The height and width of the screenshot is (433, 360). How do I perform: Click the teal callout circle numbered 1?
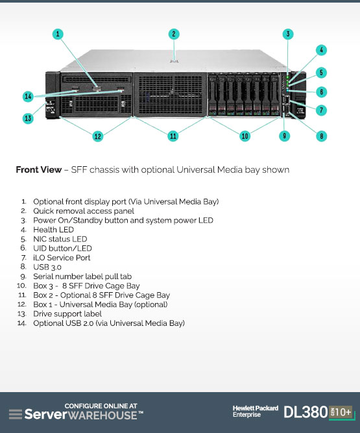(x=58, y=34)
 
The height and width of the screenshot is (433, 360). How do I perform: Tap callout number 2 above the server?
(x=174, y=34)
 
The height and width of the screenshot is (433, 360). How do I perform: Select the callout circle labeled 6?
(x=321, y=92)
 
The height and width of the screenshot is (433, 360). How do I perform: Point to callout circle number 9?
(x=284, y=136)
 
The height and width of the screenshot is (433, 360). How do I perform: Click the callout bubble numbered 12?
(x=98, y=136)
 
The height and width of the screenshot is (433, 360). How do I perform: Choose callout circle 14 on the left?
(x=28, y=96)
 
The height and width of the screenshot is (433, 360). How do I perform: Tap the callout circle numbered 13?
(x=28, y=118)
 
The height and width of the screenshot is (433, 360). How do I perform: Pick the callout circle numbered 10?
(x=245, y=136)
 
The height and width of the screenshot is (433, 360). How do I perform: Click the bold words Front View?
(x=39, y=169)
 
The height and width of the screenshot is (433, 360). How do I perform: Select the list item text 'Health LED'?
(x=54, y=230)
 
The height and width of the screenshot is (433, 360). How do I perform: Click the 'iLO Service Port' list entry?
(x=62, y=258)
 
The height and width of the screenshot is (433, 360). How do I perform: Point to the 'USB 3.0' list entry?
(x=47, y=267)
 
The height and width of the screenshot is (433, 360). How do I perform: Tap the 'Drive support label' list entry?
(x=67, y=314)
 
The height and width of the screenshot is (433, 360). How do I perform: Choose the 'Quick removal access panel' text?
(x=84, y=211)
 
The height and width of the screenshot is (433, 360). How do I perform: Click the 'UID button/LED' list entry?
(x=62, y=248)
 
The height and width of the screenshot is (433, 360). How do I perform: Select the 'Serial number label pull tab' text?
(x=82, y=277)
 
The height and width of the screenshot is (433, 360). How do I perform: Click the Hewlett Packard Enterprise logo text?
(x=256, y=412)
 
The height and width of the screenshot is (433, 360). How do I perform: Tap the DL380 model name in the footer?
(x=306, y=412)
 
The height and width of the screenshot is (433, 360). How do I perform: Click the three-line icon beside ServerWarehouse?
(x=16, y=414)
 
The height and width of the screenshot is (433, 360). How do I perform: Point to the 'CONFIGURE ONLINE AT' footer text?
(x=101, y=406)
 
